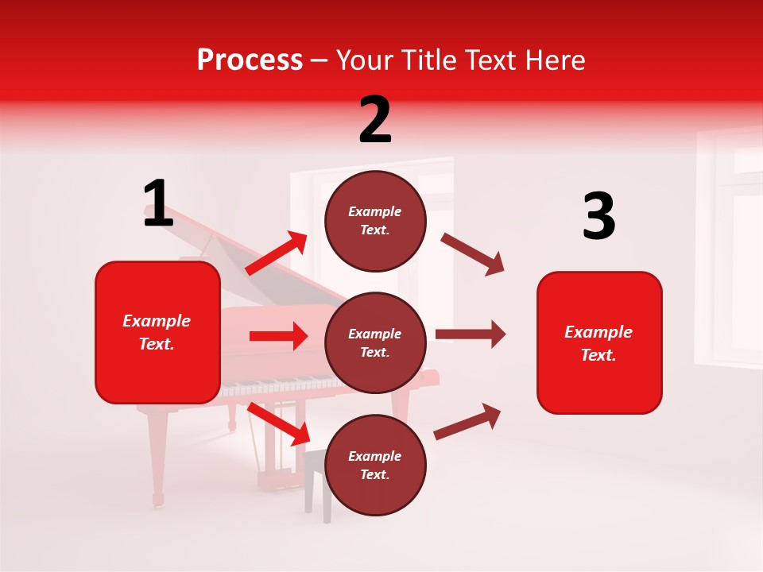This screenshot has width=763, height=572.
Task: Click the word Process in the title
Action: click(x=250, y=60)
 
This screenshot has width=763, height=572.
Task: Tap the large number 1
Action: click(x=158, y=204)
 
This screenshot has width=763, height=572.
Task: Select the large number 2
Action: click(x=375, y=120)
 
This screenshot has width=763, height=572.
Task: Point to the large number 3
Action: click(x=598, y=217)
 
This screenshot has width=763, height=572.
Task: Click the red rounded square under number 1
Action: click(x=157, y=332)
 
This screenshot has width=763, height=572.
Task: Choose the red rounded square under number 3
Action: click(x=599, y=342)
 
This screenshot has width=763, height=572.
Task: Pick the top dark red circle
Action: click(x=375, y=221)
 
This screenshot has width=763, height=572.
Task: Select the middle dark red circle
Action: click(x=375, y=342)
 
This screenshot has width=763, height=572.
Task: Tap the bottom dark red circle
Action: click(x=375, y=465)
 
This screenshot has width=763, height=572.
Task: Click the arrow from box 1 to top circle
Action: click(x=277, y=253)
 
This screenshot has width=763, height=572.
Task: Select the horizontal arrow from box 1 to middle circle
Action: click(x=278, y=336)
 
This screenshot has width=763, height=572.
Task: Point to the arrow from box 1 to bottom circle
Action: click(x=280, y=423)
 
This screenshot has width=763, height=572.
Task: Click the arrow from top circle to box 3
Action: click(x=472, y=253)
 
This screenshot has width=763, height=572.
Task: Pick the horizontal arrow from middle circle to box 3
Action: click(x=470, y=334)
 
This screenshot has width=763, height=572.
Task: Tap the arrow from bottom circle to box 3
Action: click(x=467, y=421)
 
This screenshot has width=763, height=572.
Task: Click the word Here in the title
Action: click(x=557, y=60)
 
